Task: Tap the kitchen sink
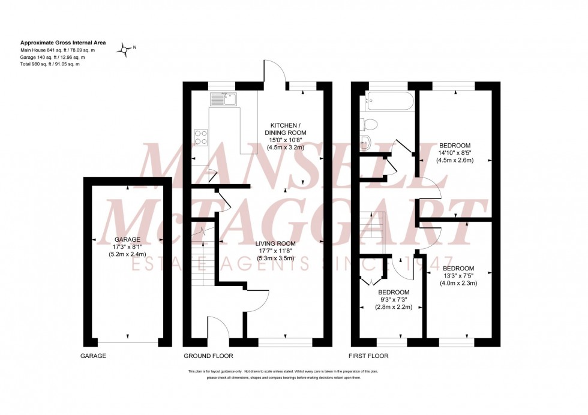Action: [x=224, y=98]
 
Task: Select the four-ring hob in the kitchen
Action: [x=200, y=137]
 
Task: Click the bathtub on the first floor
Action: [x=388, y=101]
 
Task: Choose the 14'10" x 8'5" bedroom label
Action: [x=455, y=152]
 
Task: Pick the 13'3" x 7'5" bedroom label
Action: [x=459, y=275]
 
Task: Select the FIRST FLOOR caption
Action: [x=369, y=356]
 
